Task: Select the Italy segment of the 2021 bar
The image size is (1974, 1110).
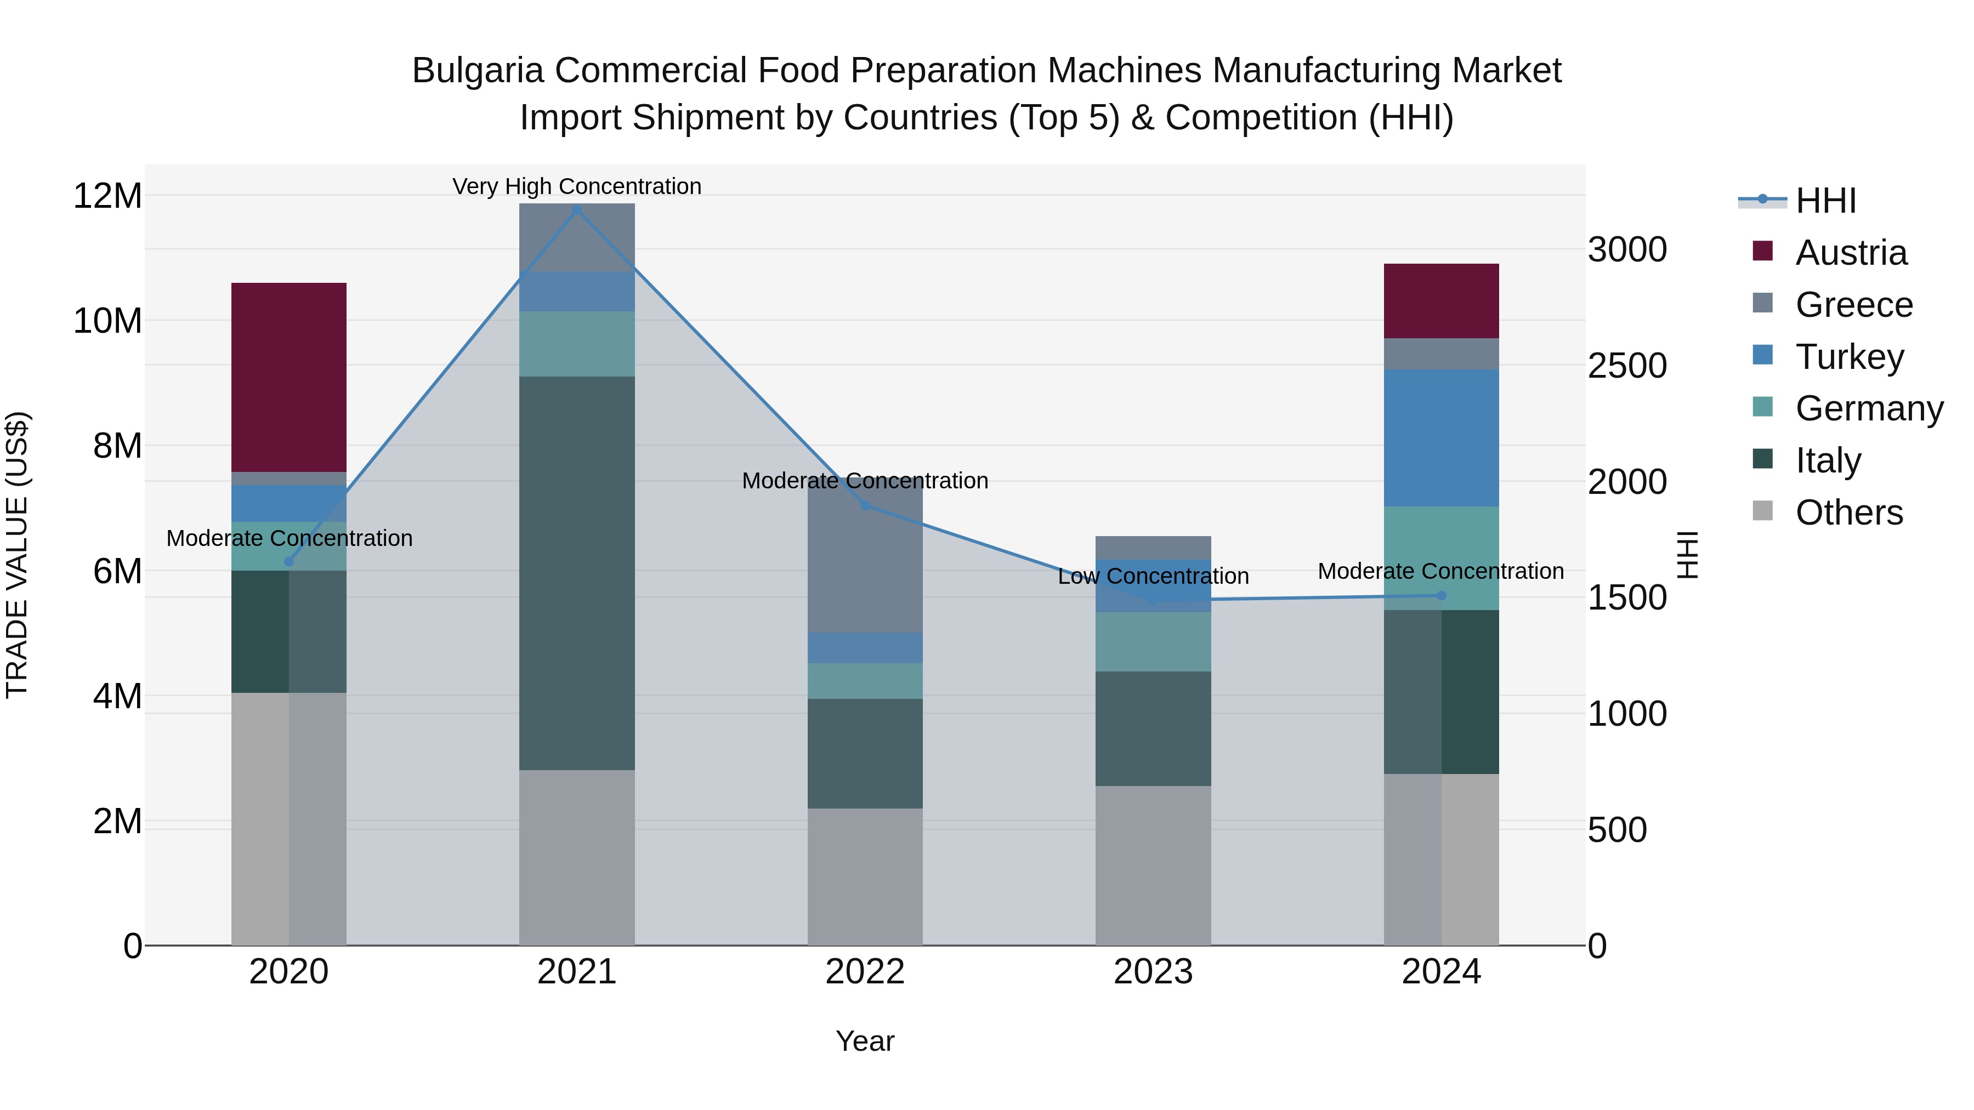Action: coord(576,573)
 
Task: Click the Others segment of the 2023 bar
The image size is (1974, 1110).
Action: coord(1153,866)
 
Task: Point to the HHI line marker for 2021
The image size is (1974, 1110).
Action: coord(577,209)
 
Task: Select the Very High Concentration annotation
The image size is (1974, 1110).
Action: coord(576,186)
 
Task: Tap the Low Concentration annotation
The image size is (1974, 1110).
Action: coord(1153,576)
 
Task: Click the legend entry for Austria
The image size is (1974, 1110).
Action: coord(1851,253)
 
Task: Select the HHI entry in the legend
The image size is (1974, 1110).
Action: coord(1825,201)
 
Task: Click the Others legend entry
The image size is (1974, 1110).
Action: coord(1848,513)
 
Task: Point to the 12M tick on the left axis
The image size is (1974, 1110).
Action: coord(107,196)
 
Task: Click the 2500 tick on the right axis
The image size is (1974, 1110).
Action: coord(1627,366)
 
